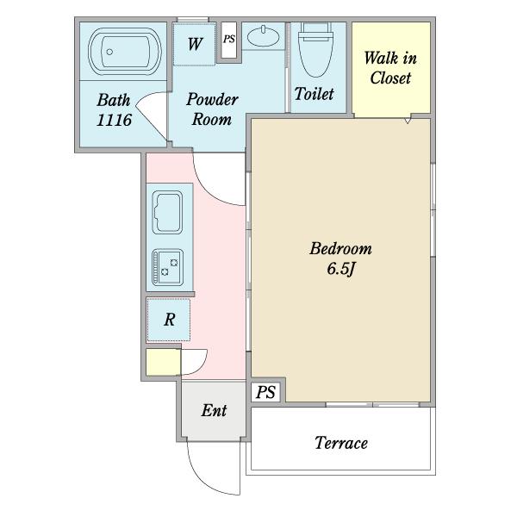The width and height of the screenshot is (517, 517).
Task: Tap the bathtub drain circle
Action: click(x=109, y=52)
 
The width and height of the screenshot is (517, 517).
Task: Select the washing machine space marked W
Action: click(x=195, y=44)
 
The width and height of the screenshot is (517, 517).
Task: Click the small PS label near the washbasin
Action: click(x=229, y=40)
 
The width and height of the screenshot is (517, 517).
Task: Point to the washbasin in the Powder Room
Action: click(x=263, y=36)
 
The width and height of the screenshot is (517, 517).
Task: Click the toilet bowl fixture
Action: click(x=315, y=49)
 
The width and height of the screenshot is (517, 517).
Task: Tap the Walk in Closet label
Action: click(x=390, y=68)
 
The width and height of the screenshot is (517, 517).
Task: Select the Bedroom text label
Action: click(x=340, y=248)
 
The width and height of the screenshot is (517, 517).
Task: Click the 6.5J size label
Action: click(x=341, y=269)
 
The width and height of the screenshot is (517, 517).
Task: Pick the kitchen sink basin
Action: click(x=167, y=212)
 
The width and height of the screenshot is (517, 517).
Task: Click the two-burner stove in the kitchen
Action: click(x=167, y=267)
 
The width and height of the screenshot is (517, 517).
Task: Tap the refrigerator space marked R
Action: click(x=169, y=320)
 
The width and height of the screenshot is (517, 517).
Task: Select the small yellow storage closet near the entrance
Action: click(x=163, y=362)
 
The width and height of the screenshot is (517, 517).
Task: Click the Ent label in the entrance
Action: click(x=214, y=410)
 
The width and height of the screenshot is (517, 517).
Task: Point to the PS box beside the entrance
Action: click(x=265, y=392)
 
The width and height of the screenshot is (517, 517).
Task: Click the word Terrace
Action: click(x=341, y=443)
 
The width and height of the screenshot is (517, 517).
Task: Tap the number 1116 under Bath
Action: click(x=114, y=120)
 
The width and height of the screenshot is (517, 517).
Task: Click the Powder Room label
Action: click(x=212, y=109)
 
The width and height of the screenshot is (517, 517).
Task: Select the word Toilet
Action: click(x=314, y=94)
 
